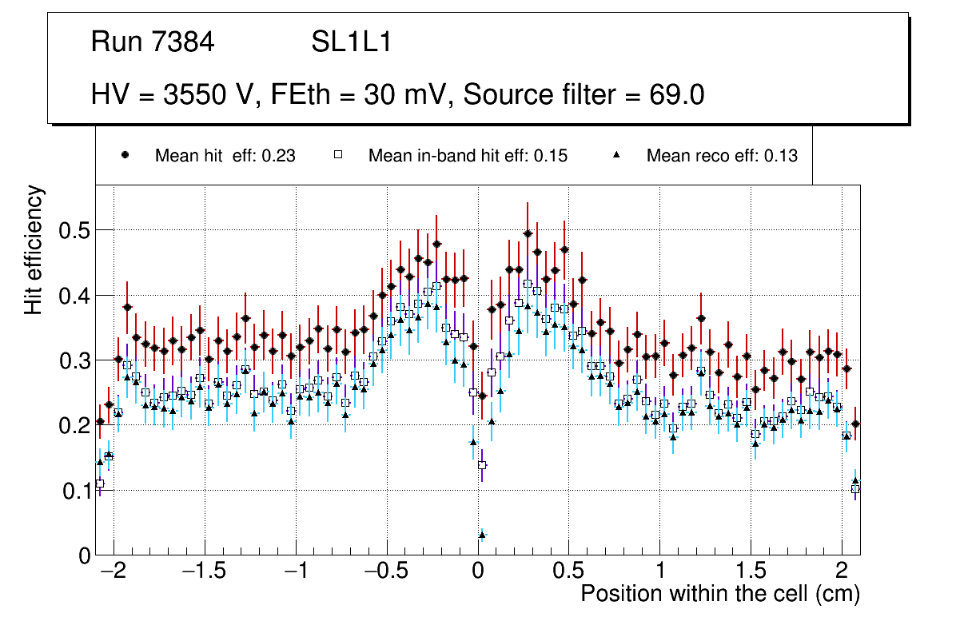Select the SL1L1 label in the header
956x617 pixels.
(x=352, y=42)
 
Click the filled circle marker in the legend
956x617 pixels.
(x=125, y=155)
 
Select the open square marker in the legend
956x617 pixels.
(x=337, y=155)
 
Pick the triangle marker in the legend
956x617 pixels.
(x=616, y=155)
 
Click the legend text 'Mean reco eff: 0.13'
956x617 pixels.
(x=721, y=156)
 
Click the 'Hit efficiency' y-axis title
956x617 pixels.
(x=34, y=249)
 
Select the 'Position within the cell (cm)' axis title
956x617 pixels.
(x=719, y=595)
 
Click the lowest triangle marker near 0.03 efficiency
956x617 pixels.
(x=482, y=534)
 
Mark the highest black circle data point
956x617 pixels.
(x=528, y=233)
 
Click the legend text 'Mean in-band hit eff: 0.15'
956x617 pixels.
(x=468, y=156)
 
